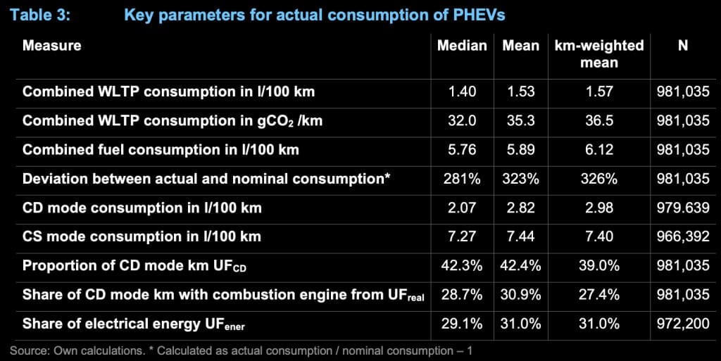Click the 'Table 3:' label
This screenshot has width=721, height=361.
tap(40, 15)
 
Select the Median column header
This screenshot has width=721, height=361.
tap(462, 46)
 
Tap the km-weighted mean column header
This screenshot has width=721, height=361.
tap(598, 53)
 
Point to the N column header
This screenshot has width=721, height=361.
tap(683, 46)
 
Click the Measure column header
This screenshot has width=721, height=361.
tap(52, 46)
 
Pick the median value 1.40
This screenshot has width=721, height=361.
tap(462, 91)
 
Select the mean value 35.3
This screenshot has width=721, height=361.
tap(520, 120)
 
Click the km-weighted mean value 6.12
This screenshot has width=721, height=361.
tap(598, 149)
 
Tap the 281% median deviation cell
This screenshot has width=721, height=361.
tap(462, 178)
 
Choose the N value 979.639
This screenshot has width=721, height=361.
tap(683, 208)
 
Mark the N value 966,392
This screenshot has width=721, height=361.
tap(683, 236)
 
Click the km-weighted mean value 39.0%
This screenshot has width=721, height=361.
tap(598, 265)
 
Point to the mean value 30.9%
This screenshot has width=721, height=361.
tap(520, 294)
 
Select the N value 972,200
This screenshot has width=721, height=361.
tap(683, 323)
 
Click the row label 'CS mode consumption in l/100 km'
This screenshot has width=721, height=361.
tap(142, 236)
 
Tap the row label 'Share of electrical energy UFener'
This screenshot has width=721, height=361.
tap(134, 324)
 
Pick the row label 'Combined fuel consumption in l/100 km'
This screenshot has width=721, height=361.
tap(161, 149)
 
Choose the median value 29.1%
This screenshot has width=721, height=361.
tap(462, 323)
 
